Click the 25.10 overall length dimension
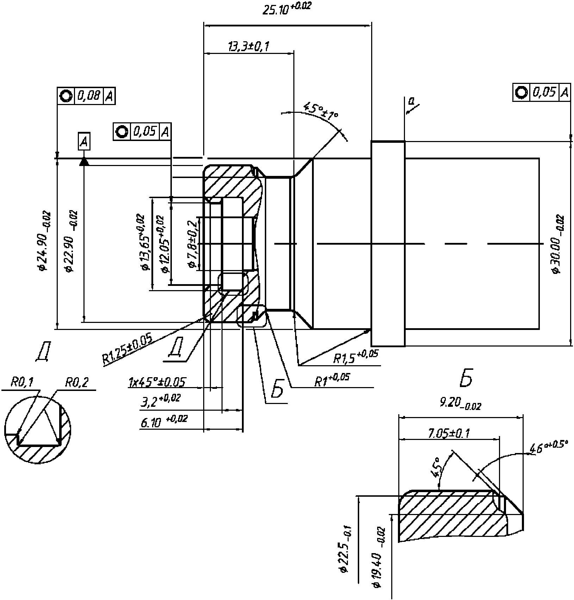click(x=287, y=9)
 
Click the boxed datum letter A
click(x=84, y=142)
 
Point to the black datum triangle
click(x=84, y=162)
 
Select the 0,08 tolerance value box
click(x=89, y=96)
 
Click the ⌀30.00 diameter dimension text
click(x=557, y=244)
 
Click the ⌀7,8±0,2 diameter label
click(x=192, y=244)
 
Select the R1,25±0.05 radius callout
click(x=127, y=350)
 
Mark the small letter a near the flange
click(x=411, y=102)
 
